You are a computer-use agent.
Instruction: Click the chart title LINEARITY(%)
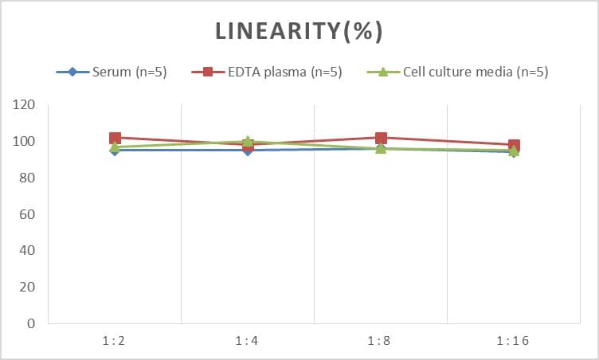[299, 31]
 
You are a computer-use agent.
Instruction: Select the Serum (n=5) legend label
[130, 72]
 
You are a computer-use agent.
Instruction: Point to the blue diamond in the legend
[72, 72]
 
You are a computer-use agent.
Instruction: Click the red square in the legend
[208, 72]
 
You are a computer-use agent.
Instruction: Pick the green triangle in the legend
[382, 72]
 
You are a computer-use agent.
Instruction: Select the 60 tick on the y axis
[28, 214]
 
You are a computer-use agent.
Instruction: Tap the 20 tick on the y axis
[28, 288]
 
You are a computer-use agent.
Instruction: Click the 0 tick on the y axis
[31, 323]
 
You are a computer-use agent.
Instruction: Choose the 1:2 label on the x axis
[114, 341]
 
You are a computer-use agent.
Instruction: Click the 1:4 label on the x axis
[247, 341]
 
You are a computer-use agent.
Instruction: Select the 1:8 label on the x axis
[380, 341]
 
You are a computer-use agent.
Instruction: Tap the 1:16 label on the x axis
[513, 341]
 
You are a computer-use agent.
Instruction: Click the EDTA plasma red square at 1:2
[115, 138]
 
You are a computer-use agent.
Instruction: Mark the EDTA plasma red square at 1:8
[381, 138]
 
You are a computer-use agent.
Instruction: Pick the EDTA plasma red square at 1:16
[514, 145]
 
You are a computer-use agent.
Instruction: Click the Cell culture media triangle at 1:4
[248, 142]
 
